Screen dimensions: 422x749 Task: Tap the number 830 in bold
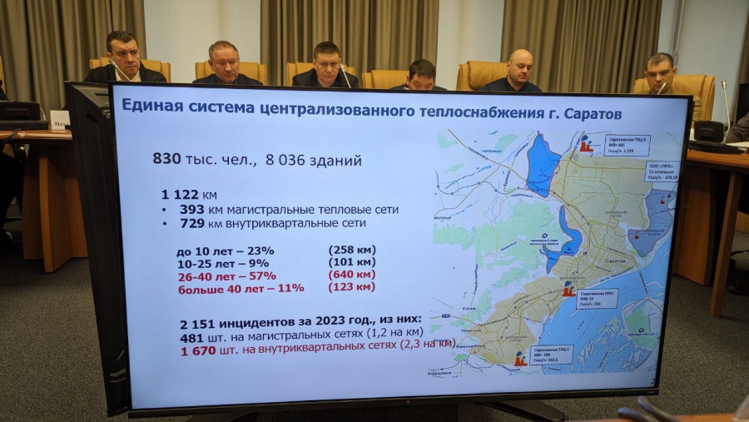pos(166,157)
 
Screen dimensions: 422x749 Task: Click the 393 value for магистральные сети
pos(191,210)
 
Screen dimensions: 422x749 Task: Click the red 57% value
pos(259,276)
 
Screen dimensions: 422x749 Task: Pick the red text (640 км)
pos(351,274)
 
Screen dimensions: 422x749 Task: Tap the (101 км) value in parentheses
pos(351,261)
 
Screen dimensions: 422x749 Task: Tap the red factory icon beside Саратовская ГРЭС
pos(568,290)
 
